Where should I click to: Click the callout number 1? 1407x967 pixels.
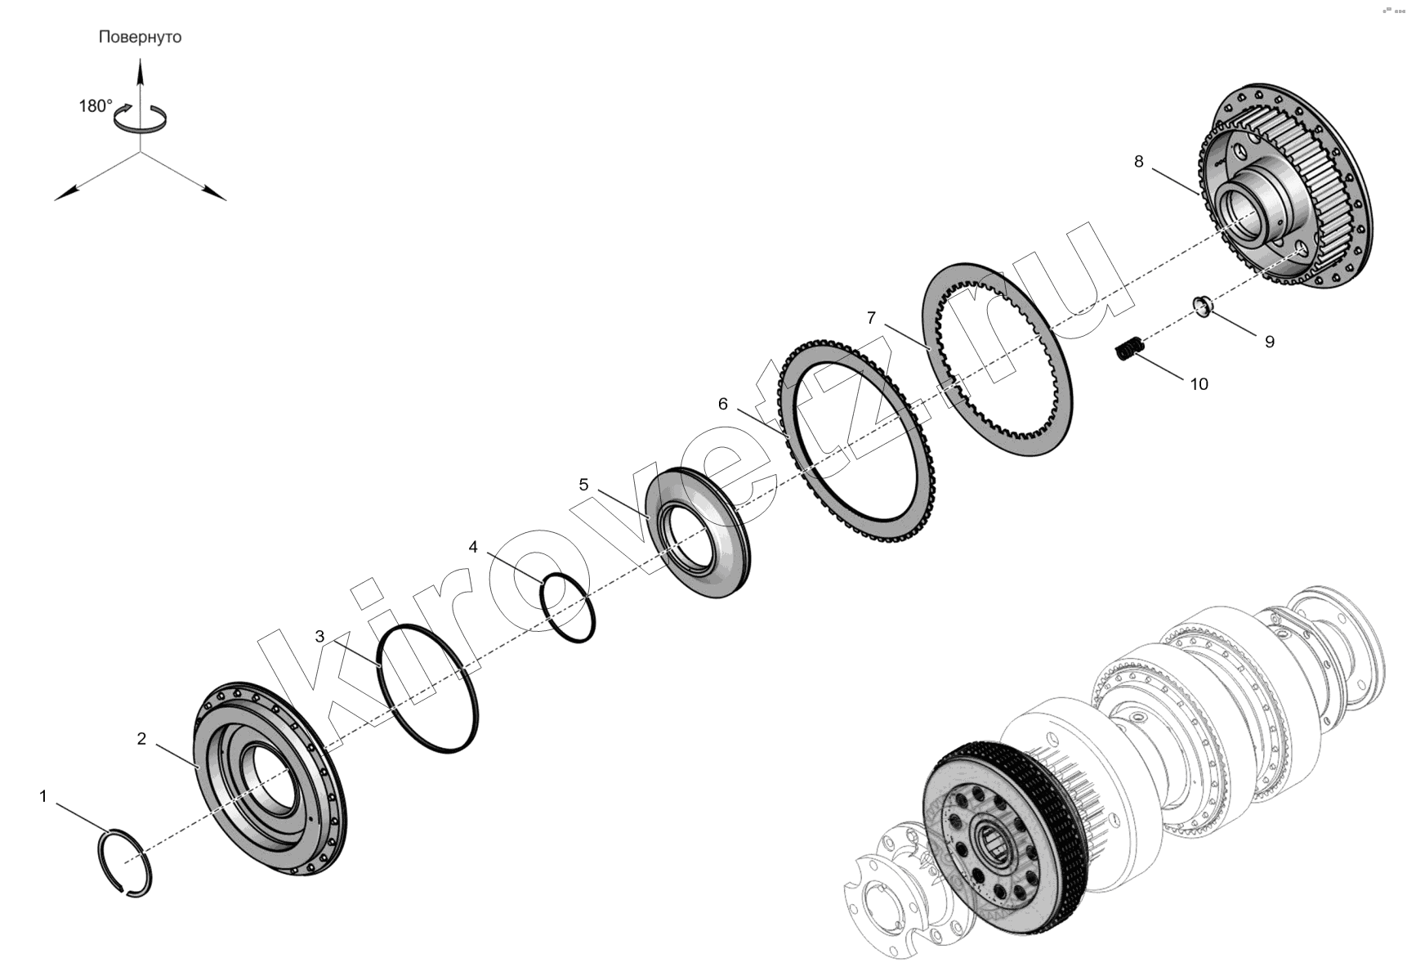(x=44, y=795)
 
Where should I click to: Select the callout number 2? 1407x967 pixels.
(x=141, y=739)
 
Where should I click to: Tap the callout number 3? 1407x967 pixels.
(x=319, y=636)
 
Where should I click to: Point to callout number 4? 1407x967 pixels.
(x=473, y=547)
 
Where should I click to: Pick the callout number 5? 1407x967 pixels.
(x=583, y=485)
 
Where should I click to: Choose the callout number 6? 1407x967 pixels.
(x=722, y=404)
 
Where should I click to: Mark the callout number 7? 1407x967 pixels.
(x=871, y=317)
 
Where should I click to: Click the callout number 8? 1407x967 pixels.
(x=1139, y=162)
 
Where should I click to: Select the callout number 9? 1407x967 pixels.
(x=1270, y=342)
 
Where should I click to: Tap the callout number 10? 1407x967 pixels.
(x=1199, y=384)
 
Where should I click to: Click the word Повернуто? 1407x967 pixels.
(x=140, y=38)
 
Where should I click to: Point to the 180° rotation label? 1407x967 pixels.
(x=96, y=106)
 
